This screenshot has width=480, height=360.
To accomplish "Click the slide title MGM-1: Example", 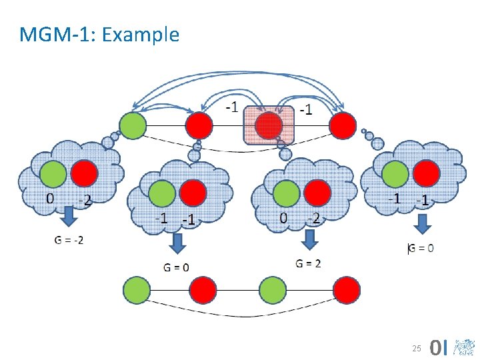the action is pyautogui.click(x=99, y=34).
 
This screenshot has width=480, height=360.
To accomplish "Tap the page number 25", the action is pyautogui.click(x=417, y=348).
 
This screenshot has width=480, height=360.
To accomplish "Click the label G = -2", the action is pyautogui.click(x=69, y=240).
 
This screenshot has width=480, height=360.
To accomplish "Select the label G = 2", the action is pyautogui.click(x=308, y=263).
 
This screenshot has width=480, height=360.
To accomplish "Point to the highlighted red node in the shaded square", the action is pyautogui.click(x=269, y=125).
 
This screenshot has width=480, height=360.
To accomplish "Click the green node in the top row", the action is pyautogui.click(x=132, y=125).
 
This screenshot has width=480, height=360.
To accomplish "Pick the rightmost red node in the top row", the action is pyautogui.click(x=343, y=125).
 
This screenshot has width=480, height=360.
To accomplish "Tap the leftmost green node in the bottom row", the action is pyautogui.click(x=136, y=290).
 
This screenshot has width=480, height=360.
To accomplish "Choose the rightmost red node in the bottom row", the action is pyautogui.click(x=347, y=290).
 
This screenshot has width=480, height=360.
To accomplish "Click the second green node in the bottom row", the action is pyautogui.click(x=272, y=290).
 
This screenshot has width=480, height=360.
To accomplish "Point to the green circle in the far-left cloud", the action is pyautogui.click(x=53, y=174).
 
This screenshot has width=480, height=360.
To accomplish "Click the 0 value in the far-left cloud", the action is pyautogui.click(x=49, y=197).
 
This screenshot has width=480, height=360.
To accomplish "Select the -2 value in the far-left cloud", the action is pyautogui.click(x=84, y=199).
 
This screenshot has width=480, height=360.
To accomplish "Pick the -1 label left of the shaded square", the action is pyautogui.click(x=231, y=107).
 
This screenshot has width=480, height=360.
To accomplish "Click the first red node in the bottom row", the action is pyautogui.click(x=203, y=290).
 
